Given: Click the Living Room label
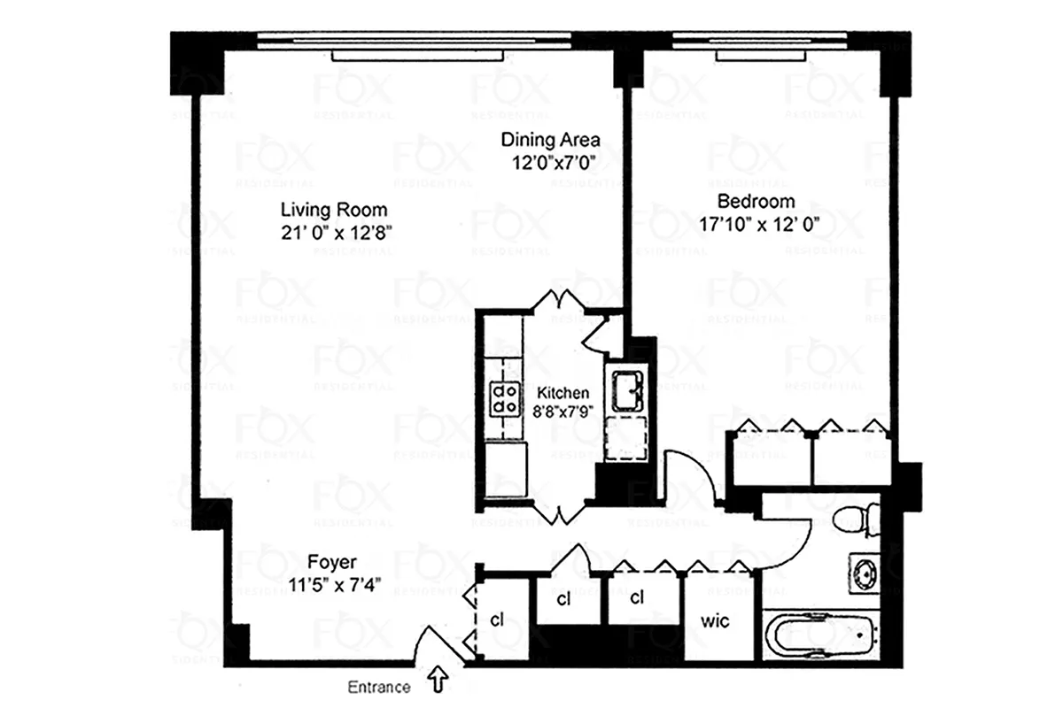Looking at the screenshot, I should (x=334, y=211).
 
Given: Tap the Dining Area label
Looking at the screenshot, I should (x=551, y=140).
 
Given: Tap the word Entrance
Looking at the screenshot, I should (x=378, y=687).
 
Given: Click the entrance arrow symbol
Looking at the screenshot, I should (x=438, y=680).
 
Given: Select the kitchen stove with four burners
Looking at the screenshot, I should (x=505, y=397).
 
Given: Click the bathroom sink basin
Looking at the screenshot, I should (x=864, y=573).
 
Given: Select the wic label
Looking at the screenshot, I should (x=715, y=621).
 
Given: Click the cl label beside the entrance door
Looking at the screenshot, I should (x=497, y=619).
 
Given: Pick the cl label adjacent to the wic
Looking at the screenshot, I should (x=636, y=597).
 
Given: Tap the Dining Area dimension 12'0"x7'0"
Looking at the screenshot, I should (x=551, y=162).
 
